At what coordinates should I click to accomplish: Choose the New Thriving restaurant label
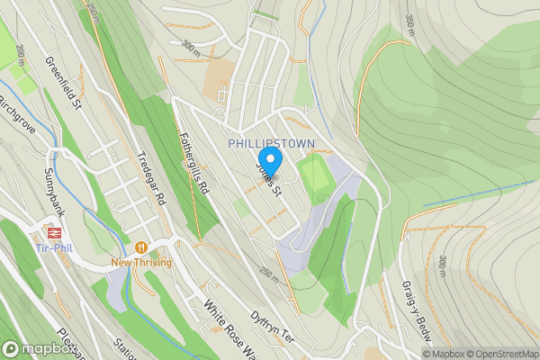point(140,262)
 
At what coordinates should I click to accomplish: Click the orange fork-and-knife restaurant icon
point(140,247)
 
